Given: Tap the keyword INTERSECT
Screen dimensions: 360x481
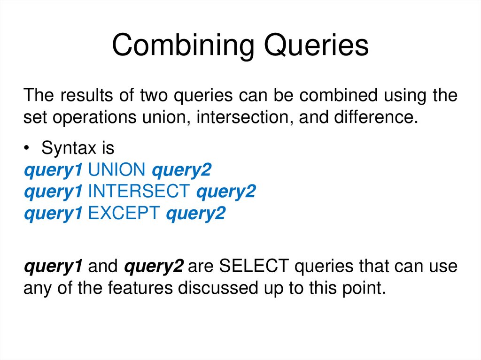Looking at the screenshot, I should [x=139, y=191].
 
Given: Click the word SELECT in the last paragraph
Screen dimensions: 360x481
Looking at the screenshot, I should [x=253, y=266].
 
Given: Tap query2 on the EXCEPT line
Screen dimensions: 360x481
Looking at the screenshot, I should [x=195, y=214].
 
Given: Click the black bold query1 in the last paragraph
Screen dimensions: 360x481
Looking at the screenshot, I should [x=53, y=266].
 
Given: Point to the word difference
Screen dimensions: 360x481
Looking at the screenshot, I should [x=375, y=117].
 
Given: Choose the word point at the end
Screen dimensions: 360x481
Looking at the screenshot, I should [x=364, y=288].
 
